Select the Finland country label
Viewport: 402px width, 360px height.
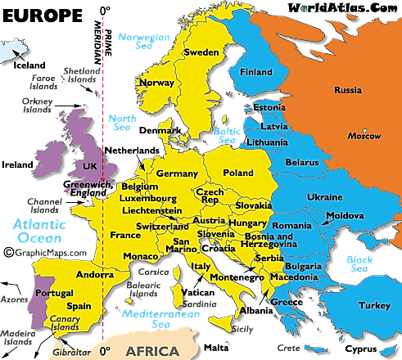[256, 72]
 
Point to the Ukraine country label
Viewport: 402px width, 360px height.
[325, 198]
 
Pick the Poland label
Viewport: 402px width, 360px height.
[238, 173]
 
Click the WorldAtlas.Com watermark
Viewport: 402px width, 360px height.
[340, 8]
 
